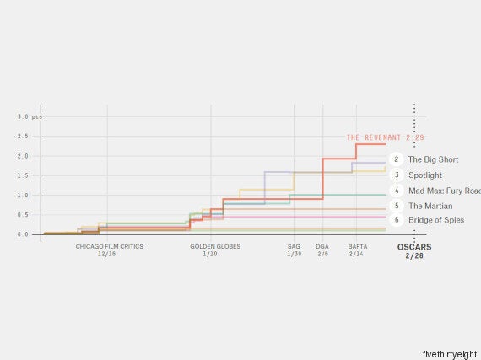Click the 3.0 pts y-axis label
click(30, 116)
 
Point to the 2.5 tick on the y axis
click(23, 137)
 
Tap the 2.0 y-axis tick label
click(23, 156)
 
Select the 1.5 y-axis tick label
click(23, 175)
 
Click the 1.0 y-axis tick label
click(23, 195)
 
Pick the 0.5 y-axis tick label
click(23, 215)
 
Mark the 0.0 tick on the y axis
click(23, 234)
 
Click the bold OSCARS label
click(414, 247)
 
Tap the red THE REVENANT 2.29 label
click(386, 137)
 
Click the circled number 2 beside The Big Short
click(397, 159)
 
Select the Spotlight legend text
click(425, 175)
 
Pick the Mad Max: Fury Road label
click(445, 191)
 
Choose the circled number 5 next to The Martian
click(397, 206)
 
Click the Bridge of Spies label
click(436, 220)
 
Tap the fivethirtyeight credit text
click(450, 354)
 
